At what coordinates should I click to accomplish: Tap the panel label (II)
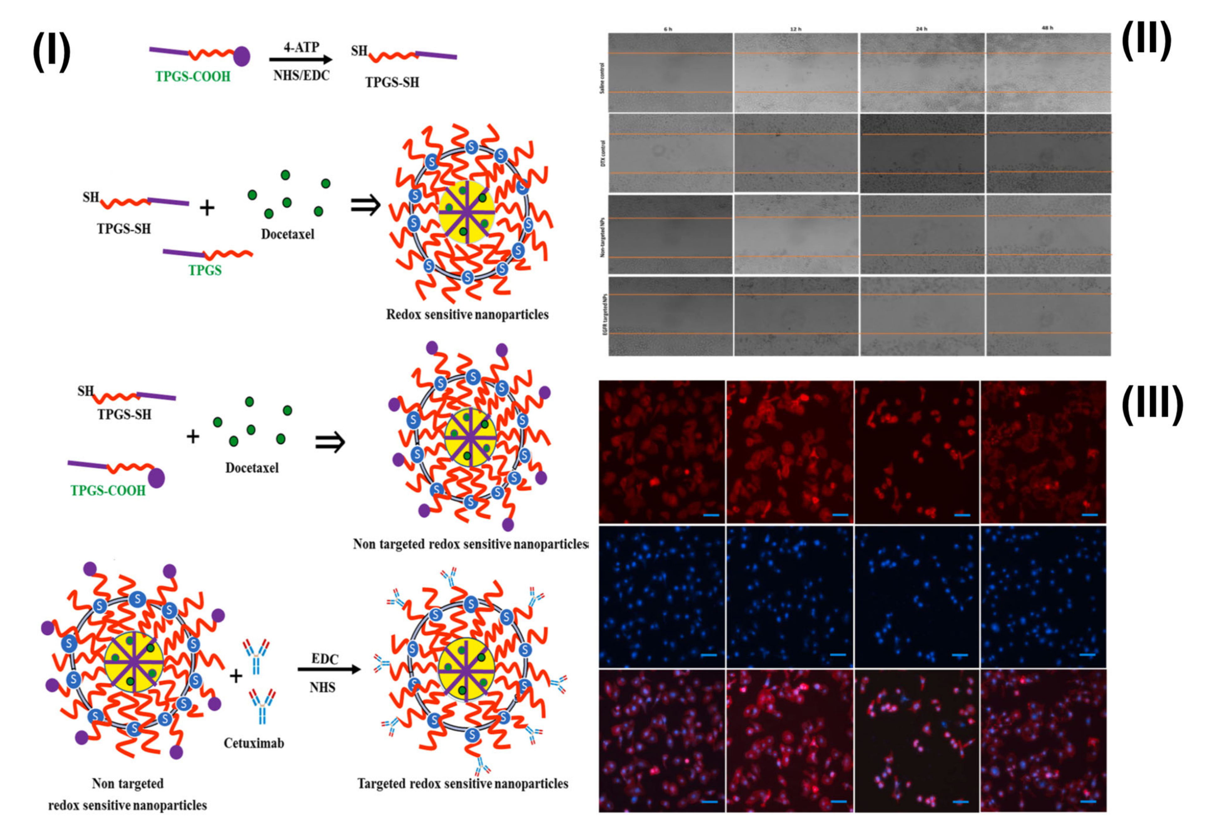(1146, 41)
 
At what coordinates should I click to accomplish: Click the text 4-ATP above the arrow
(301, 47)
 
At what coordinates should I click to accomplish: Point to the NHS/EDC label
(301, 76)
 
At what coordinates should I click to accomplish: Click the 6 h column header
(668, 29)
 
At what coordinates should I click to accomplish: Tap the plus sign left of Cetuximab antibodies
(236, 676)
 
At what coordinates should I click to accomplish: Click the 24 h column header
(921, 29)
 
